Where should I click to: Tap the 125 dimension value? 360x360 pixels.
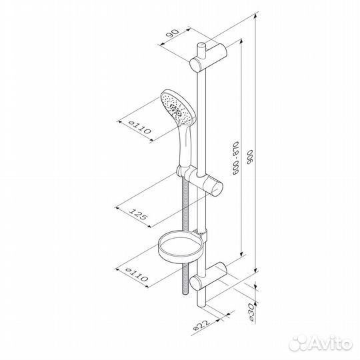[x=137, y=215]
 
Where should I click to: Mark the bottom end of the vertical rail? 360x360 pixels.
[x=201, y=309]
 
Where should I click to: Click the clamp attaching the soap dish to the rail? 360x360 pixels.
[x=204, y=234]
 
